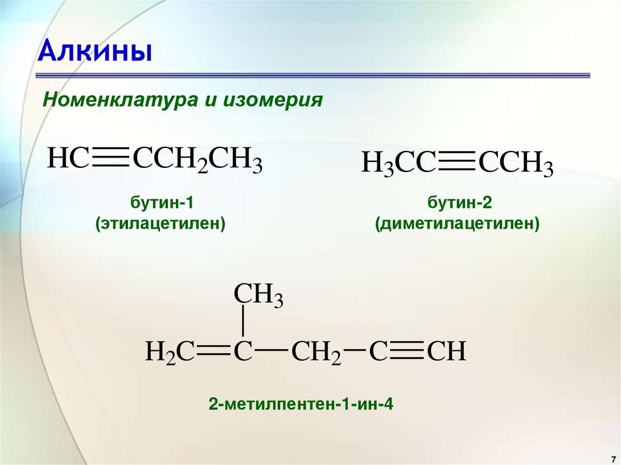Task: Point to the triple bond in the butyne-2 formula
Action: (457, 164)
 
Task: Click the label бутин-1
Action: (160, 202)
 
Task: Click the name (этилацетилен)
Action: (160, 224)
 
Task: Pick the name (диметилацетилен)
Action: (457, 224)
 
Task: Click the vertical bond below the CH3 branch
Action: (243, 321)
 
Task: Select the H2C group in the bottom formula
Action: (169, 352)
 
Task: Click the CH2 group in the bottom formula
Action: (316, 352)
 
